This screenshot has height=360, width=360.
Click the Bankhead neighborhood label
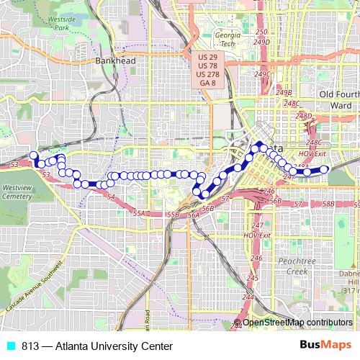111,61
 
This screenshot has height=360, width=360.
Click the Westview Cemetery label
17,191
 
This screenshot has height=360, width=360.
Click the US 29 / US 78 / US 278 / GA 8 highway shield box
207,70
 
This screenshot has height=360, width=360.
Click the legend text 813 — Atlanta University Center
91,346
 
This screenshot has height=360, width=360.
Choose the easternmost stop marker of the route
324,169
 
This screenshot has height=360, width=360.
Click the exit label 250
261,32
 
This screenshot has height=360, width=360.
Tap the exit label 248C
291,104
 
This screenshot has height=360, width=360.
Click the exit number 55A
139,214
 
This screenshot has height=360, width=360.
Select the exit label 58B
328,204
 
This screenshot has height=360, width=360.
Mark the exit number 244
248,297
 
